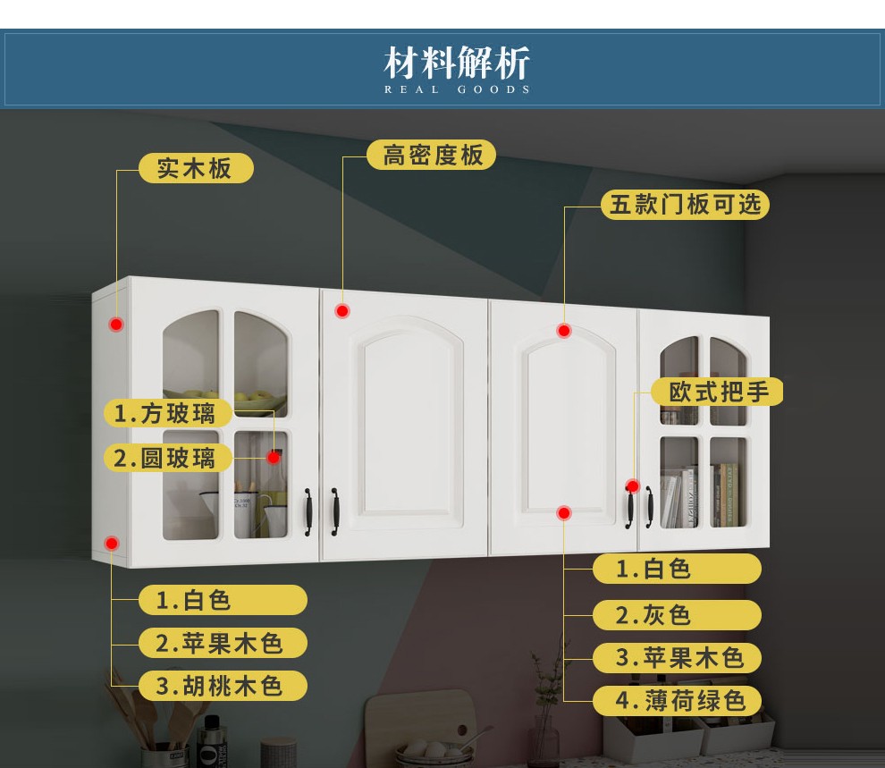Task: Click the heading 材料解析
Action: (457, 63)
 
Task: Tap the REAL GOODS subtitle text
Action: (457, 89)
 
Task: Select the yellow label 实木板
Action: (195, 168)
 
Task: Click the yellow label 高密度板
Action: (433, 155)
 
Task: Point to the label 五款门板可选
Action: (685, 204)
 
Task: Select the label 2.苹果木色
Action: (223, 643)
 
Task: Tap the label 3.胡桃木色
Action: (223, 686)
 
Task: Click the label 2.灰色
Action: (677, 615)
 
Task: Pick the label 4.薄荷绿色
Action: (677, 700)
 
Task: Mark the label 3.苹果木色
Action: (677, 658)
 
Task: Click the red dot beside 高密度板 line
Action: (342, 311)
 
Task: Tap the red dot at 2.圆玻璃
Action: (274, 457)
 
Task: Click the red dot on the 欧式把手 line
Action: (632, 487)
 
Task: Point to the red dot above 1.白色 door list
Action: (563, 512)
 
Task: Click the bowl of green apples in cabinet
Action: (255, 399)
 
